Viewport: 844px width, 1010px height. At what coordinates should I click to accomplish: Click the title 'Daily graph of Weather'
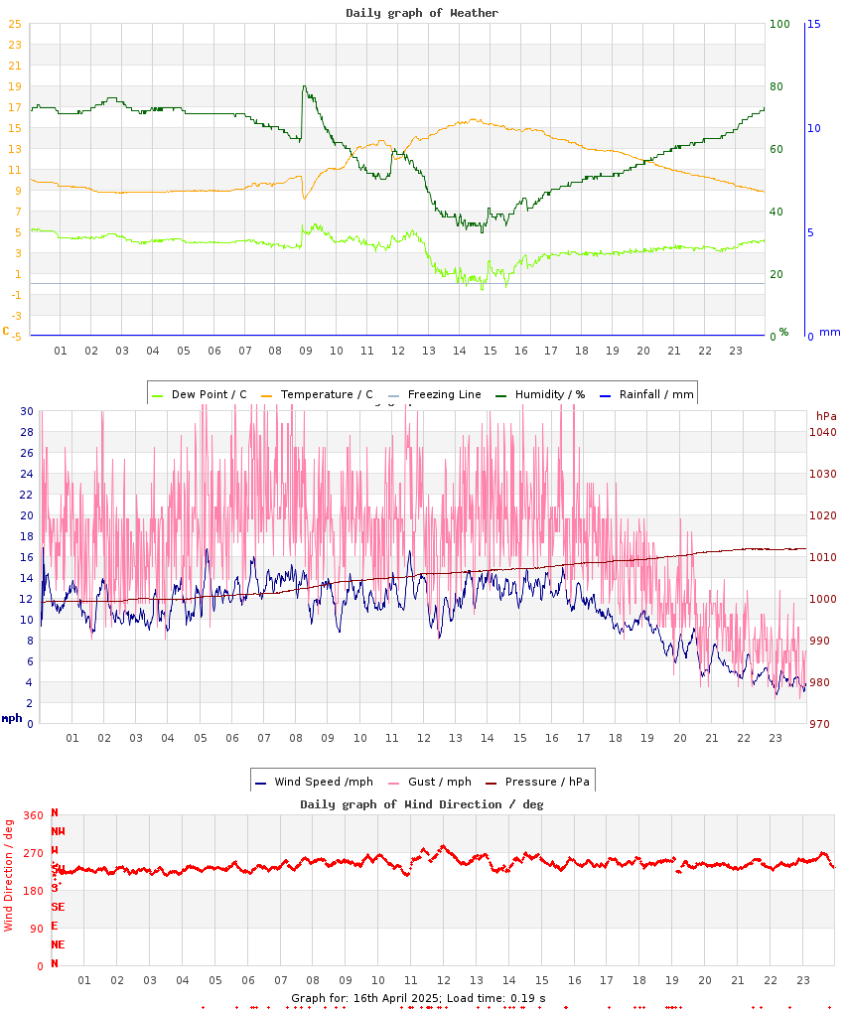coord(422,13)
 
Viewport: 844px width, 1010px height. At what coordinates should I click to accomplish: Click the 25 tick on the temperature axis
coord(15,25)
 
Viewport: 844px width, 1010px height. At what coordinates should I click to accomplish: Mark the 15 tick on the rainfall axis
coord(814,25)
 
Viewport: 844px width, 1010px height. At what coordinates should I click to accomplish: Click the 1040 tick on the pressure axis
coord(824,432)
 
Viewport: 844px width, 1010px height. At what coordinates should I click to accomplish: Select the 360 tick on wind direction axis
coord(33,815)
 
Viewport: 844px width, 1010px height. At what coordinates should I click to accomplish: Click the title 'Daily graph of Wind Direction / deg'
coord(422,804)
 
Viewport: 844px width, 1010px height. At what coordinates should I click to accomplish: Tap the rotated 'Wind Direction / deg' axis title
coord(9,874)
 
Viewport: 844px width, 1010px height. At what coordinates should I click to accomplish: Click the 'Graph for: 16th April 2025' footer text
coord(363,998)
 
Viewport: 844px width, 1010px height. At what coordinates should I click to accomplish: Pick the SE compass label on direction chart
coord(58,907)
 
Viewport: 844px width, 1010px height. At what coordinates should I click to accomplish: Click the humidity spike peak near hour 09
coord(304,86)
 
